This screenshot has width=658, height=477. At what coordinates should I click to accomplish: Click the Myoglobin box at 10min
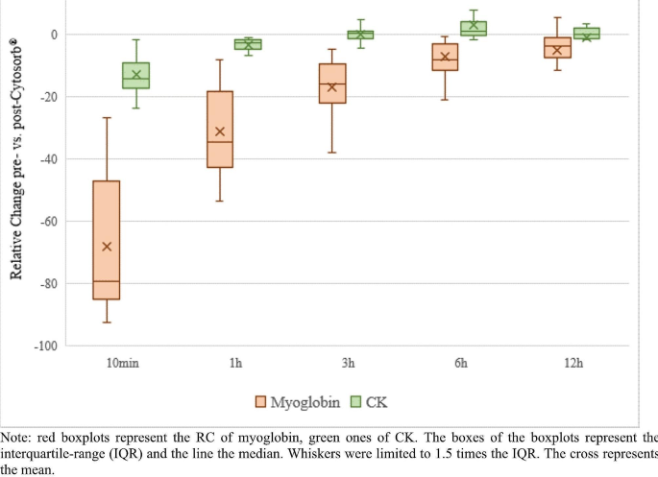(106, 240)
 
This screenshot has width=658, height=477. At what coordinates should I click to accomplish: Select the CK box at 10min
(135, 75)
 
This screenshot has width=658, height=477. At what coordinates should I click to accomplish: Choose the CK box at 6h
(474, 29)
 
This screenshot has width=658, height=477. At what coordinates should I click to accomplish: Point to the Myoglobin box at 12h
(557, 48)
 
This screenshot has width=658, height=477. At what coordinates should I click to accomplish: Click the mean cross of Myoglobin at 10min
(107, 247)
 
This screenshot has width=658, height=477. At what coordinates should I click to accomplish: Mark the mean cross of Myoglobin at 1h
(220, 131)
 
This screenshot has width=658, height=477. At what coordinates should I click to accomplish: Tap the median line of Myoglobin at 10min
(106, 281)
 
